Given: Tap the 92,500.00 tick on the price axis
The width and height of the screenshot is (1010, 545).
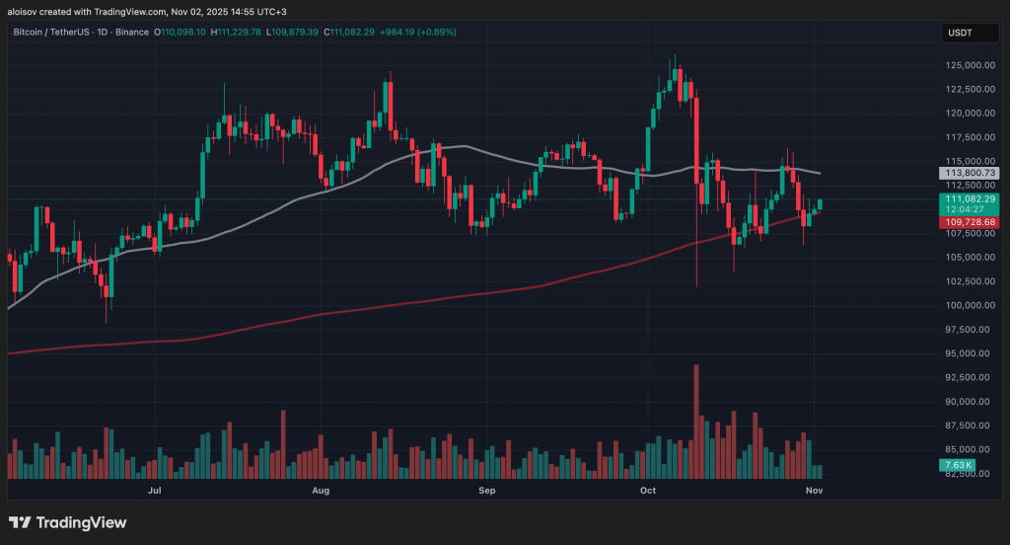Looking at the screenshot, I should click(x=966, y=377).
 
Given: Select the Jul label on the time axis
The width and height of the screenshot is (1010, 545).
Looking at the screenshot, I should click(x=154, y=490).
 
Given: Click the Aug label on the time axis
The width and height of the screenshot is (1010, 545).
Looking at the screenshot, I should click(x=320, y=490).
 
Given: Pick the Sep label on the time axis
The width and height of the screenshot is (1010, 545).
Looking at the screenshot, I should click(x=485, y=490).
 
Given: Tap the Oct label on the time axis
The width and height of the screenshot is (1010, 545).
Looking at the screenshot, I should click(x=648, y=490).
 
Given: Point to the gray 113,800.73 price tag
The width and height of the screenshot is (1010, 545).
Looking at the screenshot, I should click(x=971, y=172).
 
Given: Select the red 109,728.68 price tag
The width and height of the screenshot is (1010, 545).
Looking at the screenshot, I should click(x=971, y=223).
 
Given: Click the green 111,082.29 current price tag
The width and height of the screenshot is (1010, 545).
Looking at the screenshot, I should click(x=971, y=198).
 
